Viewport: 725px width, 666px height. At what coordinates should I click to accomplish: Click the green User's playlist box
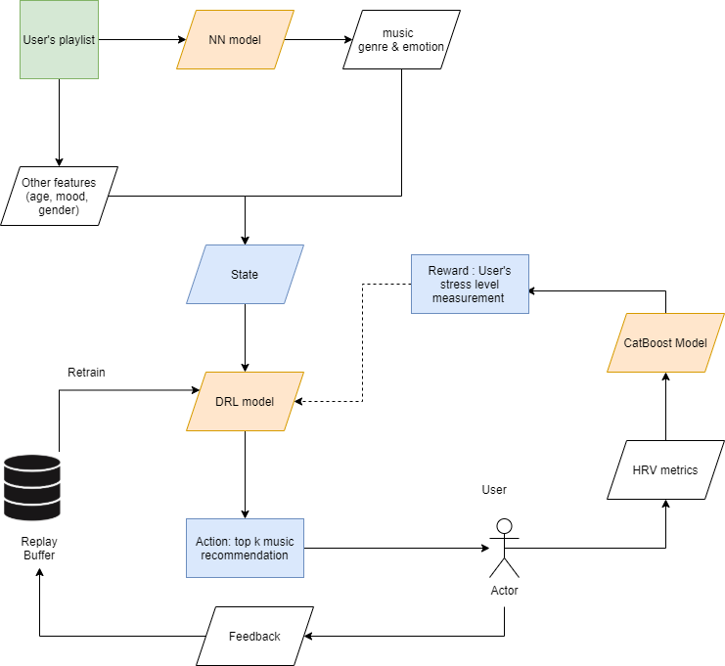(59, 40)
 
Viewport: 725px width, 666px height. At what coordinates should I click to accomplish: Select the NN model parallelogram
(235, 40)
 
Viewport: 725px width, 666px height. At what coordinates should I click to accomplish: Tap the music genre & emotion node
(402, 40)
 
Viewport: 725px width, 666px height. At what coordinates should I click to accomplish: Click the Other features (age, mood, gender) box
(59, 196)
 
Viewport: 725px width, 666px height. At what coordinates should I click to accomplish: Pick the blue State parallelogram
(245, 274)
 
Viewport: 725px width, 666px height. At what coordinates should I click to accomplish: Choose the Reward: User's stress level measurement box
(470, 284)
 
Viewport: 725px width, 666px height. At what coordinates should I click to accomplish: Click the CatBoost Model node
(665, 342)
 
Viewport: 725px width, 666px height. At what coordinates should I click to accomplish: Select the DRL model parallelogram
(245, 401)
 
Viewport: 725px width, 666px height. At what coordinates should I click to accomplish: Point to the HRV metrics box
(665, 469)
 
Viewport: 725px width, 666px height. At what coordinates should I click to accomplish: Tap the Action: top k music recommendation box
(245, 548)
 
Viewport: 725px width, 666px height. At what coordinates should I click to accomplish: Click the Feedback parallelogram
(254, 636)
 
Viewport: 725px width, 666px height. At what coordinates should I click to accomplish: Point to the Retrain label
(88, 373)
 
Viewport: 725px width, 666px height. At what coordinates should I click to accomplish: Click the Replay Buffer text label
(39, 548)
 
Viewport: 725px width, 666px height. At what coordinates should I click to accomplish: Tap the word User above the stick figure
(494, 489)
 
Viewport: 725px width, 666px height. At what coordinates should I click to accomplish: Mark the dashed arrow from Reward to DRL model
(363, 342)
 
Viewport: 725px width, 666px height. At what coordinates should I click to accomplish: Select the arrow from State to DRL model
(245, 337)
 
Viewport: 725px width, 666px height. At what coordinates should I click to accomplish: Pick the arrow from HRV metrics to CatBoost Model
(665, 406)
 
